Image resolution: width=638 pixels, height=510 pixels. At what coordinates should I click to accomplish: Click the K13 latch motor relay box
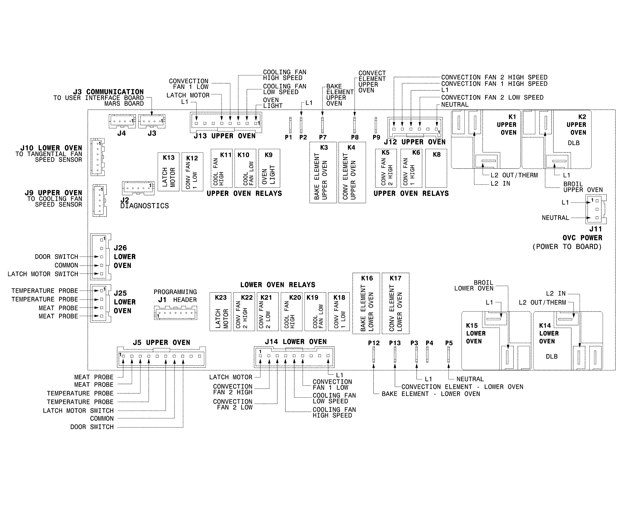coord(168,172)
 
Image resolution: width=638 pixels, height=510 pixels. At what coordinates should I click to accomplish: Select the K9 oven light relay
coord(269,168)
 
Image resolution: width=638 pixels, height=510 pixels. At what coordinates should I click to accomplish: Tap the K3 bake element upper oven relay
coord(323,172)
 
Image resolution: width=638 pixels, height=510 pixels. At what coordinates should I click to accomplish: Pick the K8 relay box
coord(436,168)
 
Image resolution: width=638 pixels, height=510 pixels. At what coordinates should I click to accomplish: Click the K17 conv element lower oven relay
coord(395,303)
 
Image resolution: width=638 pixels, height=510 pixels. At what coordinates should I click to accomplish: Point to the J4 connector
coord(122,121)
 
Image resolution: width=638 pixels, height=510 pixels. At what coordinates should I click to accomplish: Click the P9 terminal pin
coord(376,125)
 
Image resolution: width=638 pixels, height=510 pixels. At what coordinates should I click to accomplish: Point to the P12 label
coord(374,343)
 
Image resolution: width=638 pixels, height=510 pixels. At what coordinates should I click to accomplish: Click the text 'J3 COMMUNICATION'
coord(109,92)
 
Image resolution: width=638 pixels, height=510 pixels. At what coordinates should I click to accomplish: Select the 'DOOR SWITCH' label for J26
coord(56,257)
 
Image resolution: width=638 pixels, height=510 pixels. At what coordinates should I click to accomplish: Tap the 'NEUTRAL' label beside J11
coord(555,218)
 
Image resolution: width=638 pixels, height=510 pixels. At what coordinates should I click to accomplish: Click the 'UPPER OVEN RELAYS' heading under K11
coord(244,193)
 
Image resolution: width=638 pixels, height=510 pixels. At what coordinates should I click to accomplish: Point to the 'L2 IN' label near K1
coord(500,184)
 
